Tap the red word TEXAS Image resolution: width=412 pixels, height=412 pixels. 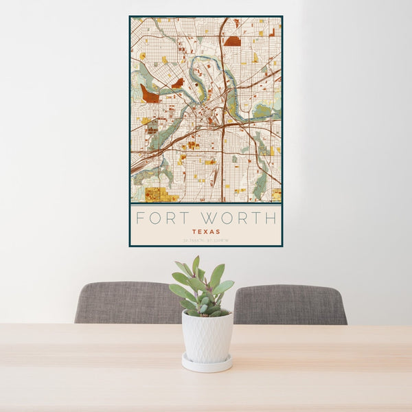[206, 232]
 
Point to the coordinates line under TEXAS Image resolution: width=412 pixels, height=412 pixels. [206, 240]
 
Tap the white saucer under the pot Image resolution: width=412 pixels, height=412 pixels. [207, 364]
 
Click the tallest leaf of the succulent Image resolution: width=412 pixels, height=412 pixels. [196, 265]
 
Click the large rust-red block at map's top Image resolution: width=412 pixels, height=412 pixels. [232, 41]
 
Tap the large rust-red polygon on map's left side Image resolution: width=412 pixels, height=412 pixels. [149, 95]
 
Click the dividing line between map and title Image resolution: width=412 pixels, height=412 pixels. [206, 204]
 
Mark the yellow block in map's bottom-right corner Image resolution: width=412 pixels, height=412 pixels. [276, 194]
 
